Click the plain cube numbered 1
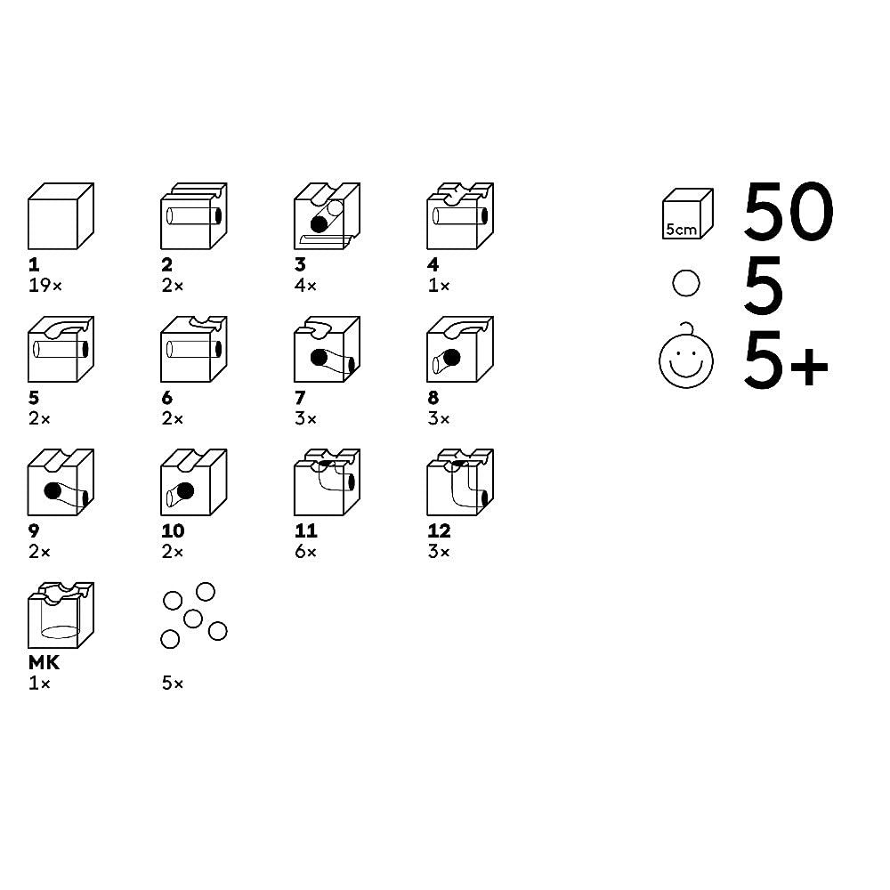[x=61, y=215]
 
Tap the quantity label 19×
[x=44, y=285]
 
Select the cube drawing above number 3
[x=327, y=215]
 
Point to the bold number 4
[x=433, y=264]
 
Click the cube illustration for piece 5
[x=61, y=349]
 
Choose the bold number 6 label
[x=167, y=397]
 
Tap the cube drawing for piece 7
[x=327, y=349]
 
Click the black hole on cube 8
[x=452, y=358]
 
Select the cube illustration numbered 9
[x=61, y=481]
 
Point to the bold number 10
[x=173, y=530]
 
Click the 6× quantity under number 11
[x=305, y=551]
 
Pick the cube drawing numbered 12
[x=460, y=481]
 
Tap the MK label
[x=44, y=662]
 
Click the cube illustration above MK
[x=61, y=615]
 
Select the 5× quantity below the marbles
[x=172, y=683]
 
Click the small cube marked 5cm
[x=687, y=214]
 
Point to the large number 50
[x=789, y=211]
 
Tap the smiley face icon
[x=686, y=357]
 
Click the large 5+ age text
[x=786, y=361]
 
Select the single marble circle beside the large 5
[x=685, y=283]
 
